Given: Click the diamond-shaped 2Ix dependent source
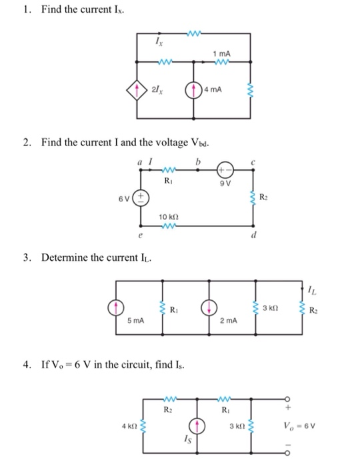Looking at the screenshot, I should [137, 89].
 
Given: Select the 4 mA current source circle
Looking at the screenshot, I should [194, 89].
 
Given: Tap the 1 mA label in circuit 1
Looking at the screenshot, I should [221, 53].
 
